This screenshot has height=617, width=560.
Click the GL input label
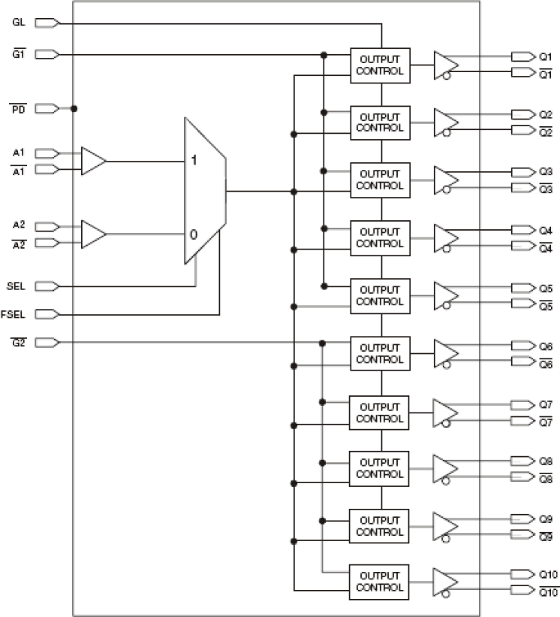(x=18, y=23)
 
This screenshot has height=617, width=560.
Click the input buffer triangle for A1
(x=93, y=161)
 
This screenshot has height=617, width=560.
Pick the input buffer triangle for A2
(x=93, y=234)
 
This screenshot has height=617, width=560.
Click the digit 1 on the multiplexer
(x=194, y=162)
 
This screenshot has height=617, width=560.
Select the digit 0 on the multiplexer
(x=194, y=234)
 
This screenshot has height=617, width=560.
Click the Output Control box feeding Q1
(x=380, y=65)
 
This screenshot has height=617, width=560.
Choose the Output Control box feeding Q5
(x=380, y=296)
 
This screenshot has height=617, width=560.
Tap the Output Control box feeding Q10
(x=380, y=581)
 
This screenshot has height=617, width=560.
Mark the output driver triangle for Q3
(x=446, y=180)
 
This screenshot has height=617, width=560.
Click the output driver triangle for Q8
(x=446, y=468)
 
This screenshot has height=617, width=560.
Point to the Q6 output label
(x=546, y=346)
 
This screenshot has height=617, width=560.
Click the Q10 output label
(x=548, y=575)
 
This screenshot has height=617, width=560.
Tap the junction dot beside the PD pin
(x=74, y=108)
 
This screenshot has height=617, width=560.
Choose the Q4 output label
(x=546, y=229)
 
